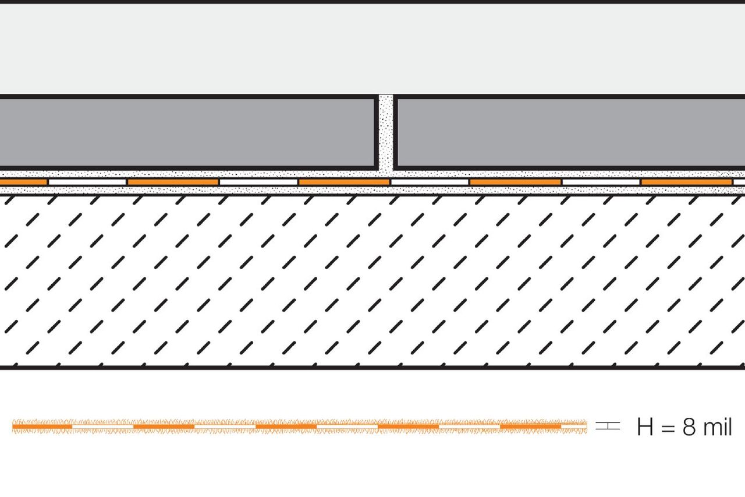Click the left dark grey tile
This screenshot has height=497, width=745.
point(186,132)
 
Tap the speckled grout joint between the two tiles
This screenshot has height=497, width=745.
point(385,134)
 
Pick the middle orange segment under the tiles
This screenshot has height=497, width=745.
point(344,182)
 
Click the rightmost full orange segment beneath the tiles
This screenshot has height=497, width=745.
point(686,182)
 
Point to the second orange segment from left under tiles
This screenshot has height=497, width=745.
point(173,182)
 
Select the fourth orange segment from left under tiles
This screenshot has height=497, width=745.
point(515,182)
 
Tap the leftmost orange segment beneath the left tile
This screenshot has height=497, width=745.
point(23,182)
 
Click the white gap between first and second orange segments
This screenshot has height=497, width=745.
point(87,182)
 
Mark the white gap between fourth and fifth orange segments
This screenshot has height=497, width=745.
point(601,182)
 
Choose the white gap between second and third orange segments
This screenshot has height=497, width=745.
point(258,182)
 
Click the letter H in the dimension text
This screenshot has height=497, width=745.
point(645,428)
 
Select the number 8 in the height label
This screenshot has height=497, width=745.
point(689,428)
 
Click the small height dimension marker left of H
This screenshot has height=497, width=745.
point(608,426)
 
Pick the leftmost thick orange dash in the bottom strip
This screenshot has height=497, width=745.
point(42,426)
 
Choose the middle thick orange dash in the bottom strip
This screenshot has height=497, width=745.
point(286,426)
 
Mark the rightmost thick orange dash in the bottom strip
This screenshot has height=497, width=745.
point(530,426)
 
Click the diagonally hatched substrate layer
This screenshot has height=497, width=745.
point(372,280)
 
